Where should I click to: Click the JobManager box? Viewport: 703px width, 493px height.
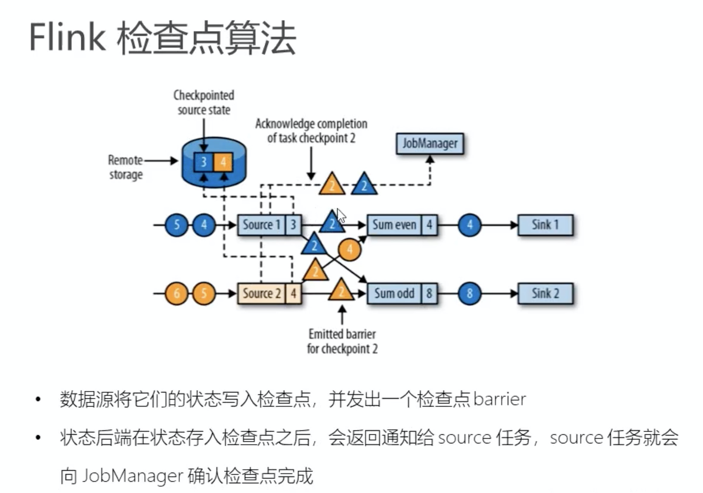click(x=429, y=143)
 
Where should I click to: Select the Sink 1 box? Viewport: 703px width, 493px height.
click(x=545, y=225)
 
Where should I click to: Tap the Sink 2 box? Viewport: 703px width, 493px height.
click(x=545, y=293)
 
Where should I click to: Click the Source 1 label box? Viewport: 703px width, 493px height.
click(x=261, y=225)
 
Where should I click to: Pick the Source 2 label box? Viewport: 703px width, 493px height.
click(x=261, y=293)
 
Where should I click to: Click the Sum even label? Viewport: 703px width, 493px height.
click(x=394, y=225)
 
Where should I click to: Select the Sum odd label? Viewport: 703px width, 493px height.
click(x=394, y=293)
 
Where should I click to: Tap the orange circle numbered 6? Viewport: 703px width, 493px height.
click(x=176, y=293)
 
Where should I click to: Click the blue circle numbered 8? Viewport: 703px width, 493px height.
click(x=469, y=293)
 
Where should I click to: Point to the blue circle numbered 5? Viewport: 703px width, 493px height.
click(x=176, y=225)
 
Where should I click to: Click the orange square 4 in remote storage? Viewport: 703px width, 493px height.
click(x=223, y=162)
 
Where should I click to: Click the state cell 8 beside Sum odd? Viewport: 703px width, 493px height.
click(x=429, y=293)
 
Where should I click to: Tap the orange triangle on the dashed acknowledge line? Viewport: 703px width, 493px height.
click(x=332, y=185)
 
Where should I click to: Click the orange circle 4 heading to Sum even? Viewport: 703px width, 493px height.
click(x=349, y=249)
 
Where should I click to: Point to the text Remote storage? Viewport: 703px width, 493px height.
click(x=125, y=167)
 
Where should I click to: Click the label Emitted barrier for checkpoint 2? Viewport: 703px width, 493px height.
click(x=342, y=341)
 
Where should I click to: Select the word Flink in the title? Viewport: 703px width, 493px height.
click(x=67, y=37)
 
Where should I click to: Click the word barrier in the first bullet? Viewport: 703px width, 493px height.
click(x=499, y=399)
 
